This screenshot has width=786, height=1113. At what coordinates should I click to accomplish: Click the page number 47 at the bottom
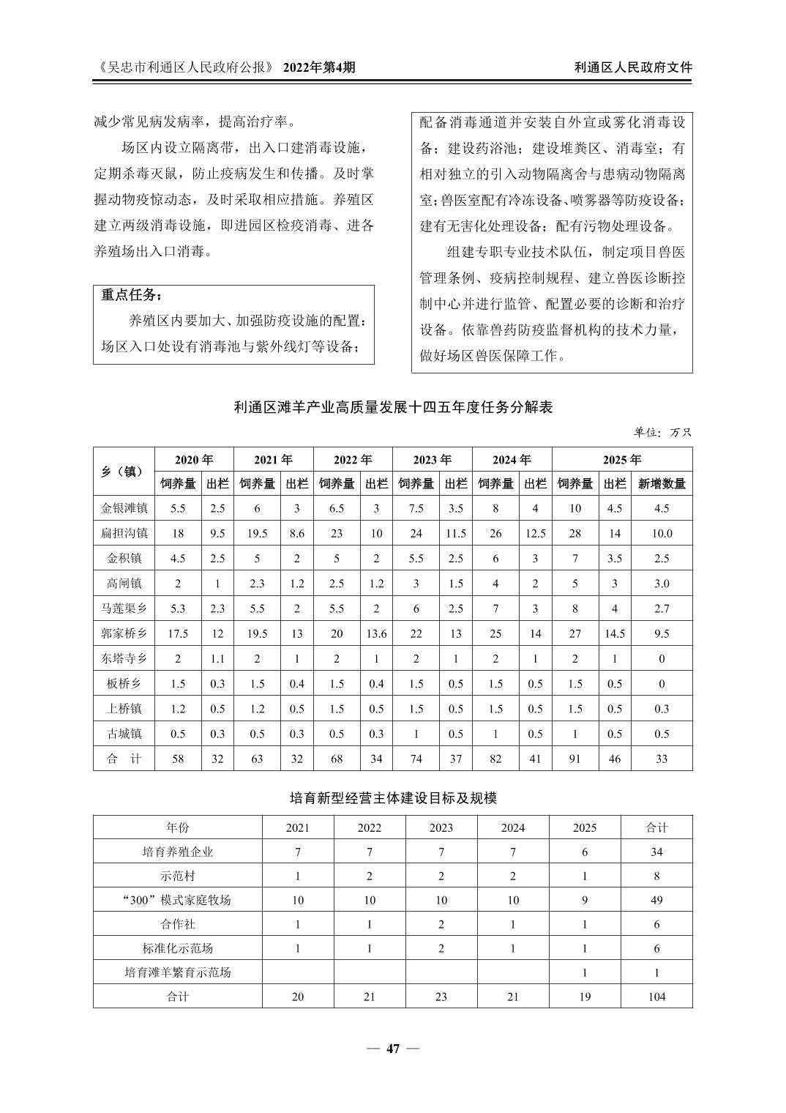[393, 1049]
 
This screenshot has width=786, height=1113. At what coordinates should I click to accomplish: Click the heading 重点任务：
[132, 295]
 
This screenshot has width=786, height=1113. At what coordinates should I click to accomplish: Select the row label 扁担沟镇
[124, 533]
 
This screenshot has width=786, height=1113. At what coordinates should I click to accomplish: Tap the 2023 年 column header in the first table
[432, 460]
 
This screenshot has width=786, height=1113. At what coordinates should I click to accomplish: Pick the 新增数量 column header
[662, 483]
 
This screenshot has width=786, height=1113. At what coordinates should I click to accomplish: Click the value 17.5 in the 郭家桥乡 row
[178, 633]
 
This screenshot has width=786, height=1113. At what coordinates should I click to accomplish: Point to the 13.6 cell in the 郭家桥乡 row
[376, 633]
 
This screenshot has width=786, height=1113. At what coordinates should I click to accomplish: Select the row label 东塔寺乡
[124, 658]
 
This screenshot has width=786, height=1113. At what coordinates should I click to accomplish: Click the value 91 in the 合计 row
[575, 759]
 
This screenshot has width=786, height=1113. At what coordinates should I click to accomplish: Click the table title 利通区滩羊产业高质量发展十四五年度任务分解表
[393, 408]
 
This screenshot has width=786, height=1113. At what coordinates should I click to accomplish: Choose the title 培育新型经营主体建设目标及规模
[393, 798]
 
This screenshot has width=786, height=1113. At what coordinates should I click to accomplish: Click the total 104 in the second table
[656, 996]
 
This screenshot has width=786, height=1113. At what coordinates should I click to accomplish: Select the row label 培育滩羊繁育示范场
[178, 972]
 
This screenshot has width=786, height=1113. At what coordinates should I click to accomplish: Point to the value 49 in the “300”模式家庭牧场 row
[656, 900]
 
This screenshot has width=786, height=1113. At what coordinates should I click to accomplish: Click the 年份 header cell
[178, 827]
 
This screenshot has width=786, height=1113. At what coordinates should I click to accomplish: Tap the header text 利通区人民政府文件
[633, 67]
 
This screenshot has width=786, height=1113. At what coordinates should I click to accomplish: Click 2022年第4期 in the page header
[319, 67]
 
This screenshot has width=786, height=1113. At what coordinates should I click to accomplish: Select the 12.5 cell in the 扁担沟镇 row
[535, 533]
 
